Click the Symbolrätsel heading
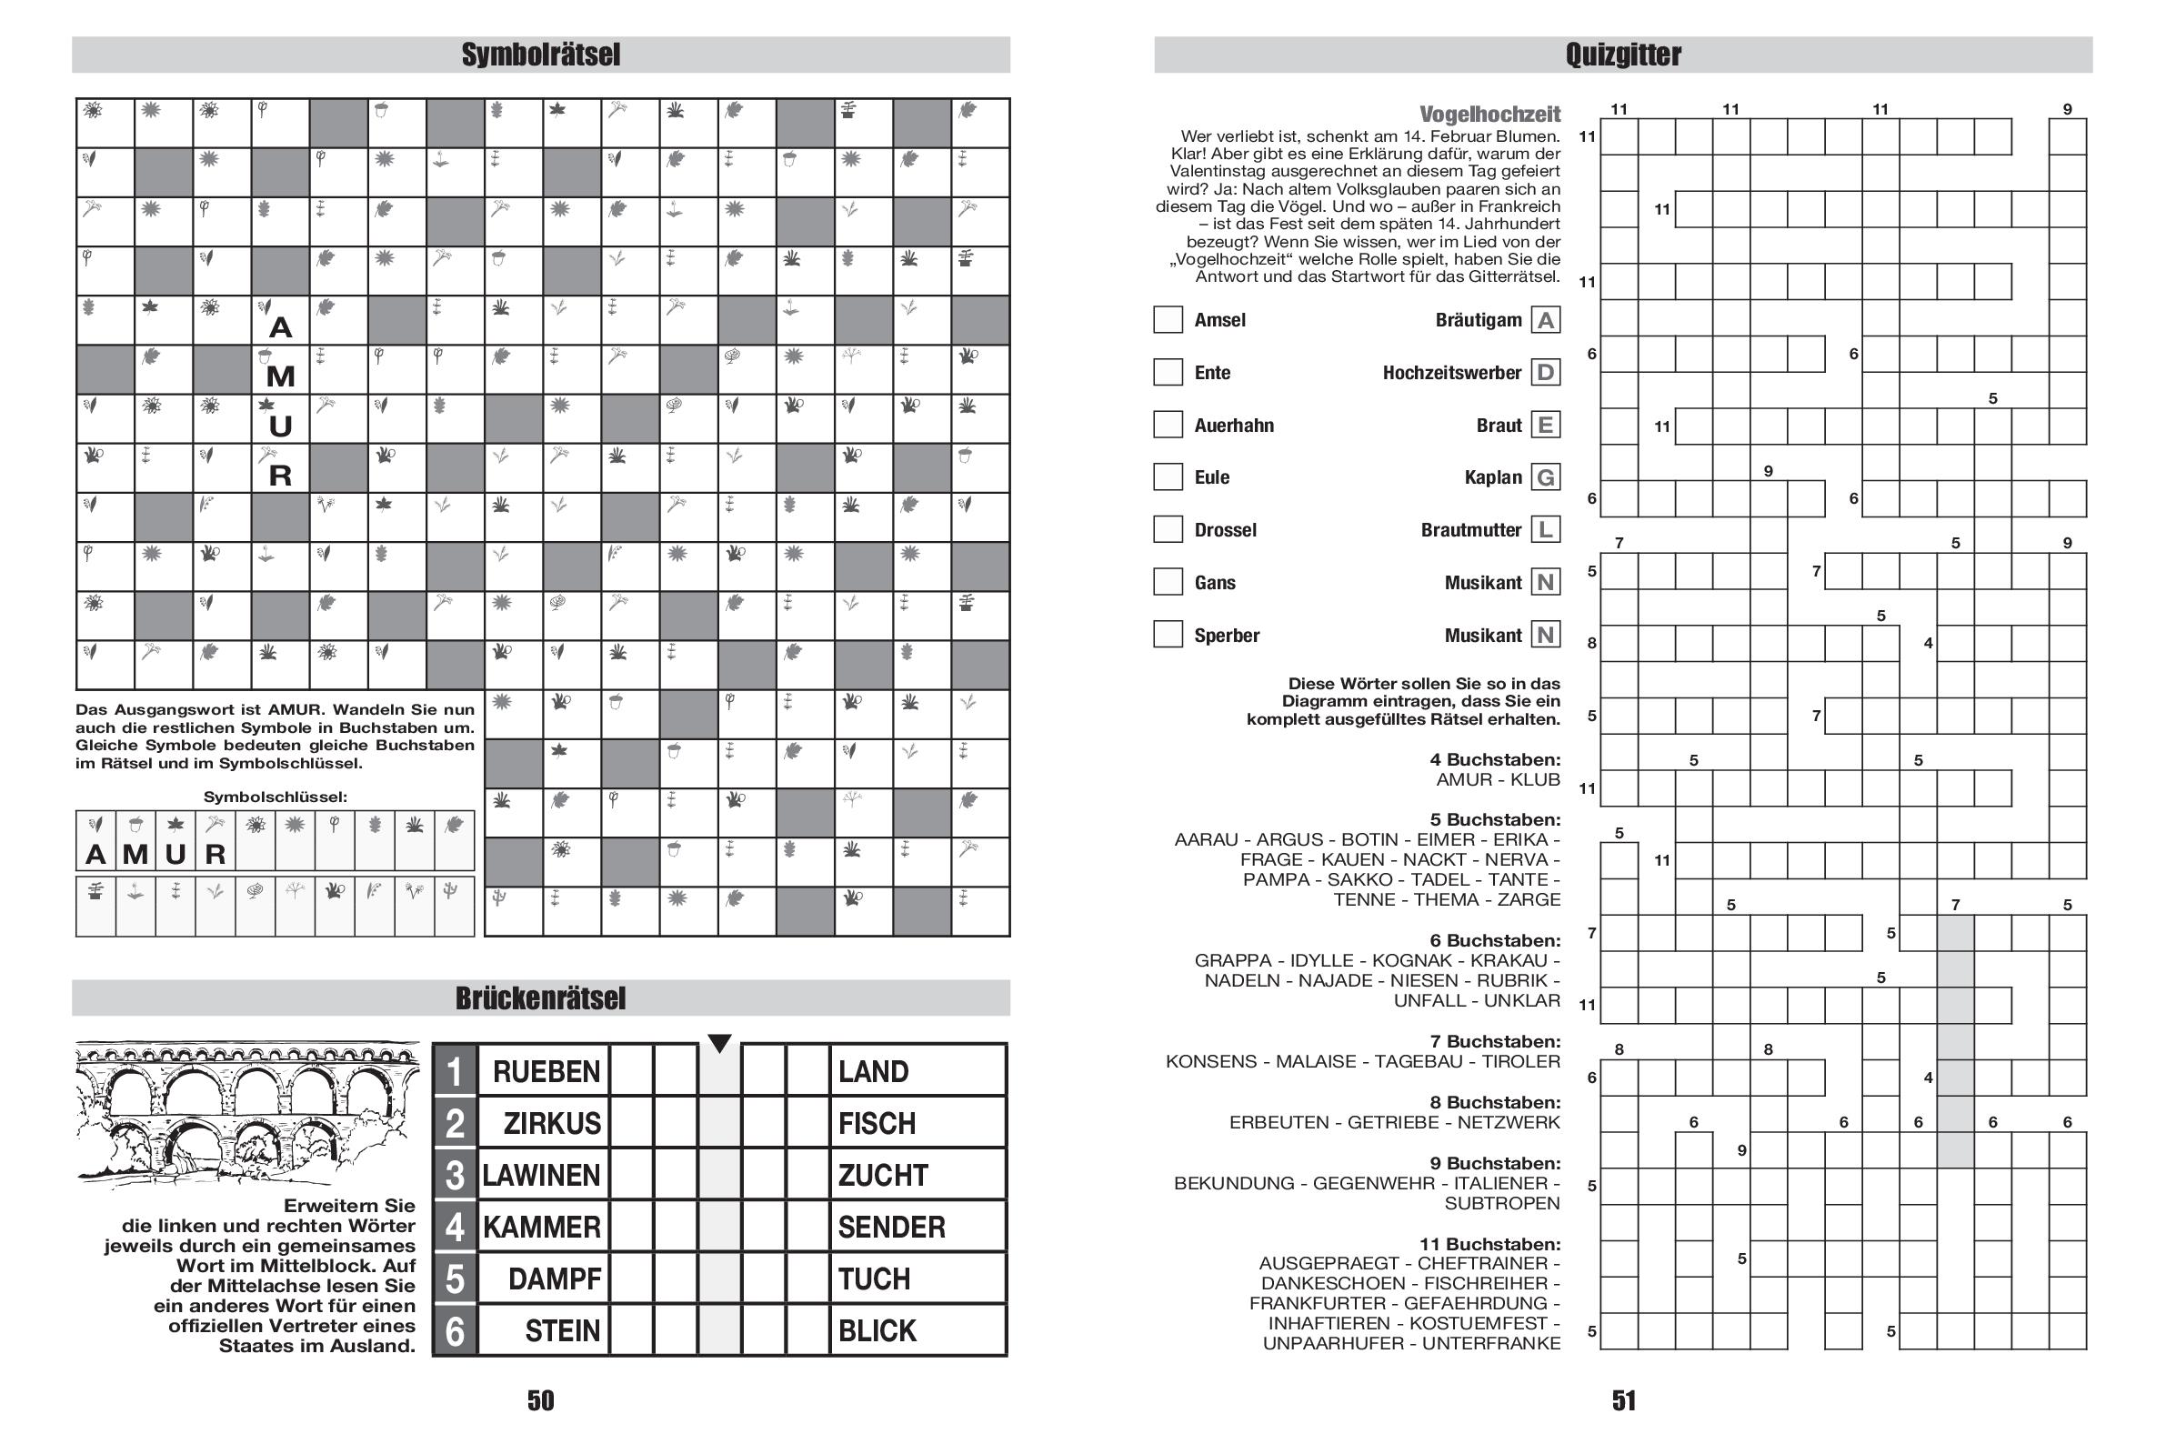pyautogui.click(x=540, y=55)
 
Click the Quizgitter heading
pyautogui.click(x=1622, y=55)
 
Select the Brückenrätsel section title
pyautogui.click(x=540, y=998)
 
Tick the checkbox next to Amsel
pyautogui.click(x=1168, y=319)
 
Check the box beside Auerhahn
pyautogui.click(x=1168, y=425)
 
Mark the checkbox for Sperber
pyautogui.click(x=1168, y=635)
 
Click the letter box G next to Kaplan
pyautogui.click(x=1545, y=477)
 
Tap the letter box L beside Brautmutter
pyautogui.click(x=1545, y=529)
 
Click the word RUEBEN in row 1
pyautogui.click(x=547, y=1071)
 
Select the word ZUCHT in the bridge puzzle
pyautogui.click(x=882, y=1175)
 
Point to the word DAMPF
pyautogui.click(x=555, y=1279)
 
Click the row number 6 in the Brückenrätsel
pyautogui.click(x=455, y=1331)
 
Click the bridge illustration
pyautogui.click(x=246, y=1113)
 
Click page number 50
pyautogui.click(x=540, y=1400)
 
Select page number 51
pyautogui.click(x=1623, y=1400)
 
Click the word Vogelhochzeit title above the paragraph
pyautogui.click(x=1489, y=115)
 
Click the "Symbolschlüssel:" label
pyautogui.click(x=276, y=797)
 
